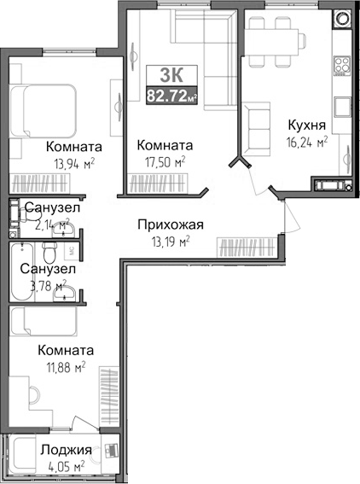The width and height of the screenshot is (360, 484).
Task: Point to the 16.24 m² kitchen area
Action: pyautogui.click(x=305, y=143)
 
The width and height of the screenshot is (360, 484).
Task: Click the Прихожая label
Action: pyautogui.click(x=171, y=225)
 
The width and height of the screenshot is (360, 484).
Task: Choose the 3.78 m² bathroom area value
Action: pyautogui.click(x=46, y=285)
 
